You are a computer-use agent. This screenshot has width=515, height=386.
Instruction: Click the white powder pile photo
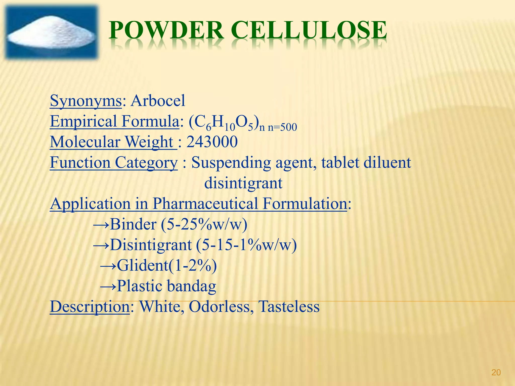click(52, 33)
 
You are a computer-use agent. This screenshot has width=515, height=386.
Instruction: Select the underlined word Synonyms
click(86, 101)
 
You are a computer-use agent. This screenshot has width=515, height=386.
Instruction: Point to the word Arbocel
click(158, 101)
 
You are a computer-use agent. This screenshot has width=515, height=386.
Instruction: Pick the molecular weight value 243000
click(212, 142)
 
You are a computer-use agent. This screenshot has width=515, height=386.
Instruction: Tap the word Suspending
click(231, 163)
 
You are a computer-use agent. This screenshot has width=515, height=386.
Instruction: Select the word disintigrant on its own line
click(243, 183)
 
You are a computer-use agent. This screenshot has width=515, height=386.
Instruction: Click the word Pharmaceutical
click(205, 204)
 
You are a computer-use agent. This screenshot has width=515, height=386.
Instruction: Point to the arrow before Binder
click(101, 224)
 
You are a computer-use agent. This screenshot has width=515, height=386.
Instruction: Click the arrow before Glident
click(108, 266)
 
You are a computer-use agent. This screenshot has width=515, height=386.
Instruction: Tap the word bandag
click(191, 286)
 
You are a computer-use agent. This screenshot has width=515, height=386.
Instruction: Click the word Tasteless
click(289, 307)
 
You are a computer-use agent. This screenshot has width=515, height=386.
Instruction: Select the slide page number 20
click(496, 372)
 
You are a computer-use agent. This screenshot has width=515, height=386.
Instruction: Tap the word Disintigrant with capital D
click(151, 245)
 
